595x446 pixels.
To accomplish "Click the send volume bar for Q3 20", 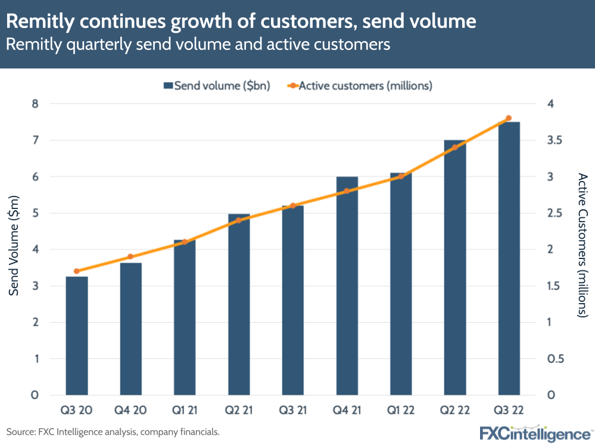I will pyautogui.click(x=77, y=336).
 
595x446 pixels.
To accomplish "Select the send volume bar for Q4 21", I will pyautogui.click(x=347, y=286).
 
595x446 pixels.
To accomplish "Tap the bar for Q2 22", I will pyautogui.click(x=454, y=268).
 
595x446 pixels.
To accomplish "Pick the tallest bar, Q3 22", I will pyautogui.click(x=509, y=258).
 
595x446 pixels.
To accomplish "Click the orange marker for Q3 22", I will pyautogui.click(x=509, y=118).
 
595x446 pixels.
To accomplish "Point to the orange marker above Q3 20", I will pyautogui.click(x=77, y=271).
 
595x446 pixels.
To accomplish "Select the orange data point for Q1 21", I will pyautogui.click(x=185, y=242).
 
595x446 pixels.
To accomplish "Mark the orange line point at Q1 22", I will pyautogui.click(x=401, y=176).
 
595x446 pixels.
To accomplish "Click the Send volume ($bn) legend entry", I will pyautogui.click(x=217, y=86).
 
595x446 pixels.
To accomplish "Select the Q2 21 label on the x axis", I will pyautogui.click(x=239, y=411).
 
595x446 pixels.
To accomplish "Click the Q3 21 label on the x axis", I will pyautogui.click(x=292, y=411).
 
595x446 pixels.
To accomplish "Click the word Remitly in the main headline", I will pyautogui.click(x=41, y=22).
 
